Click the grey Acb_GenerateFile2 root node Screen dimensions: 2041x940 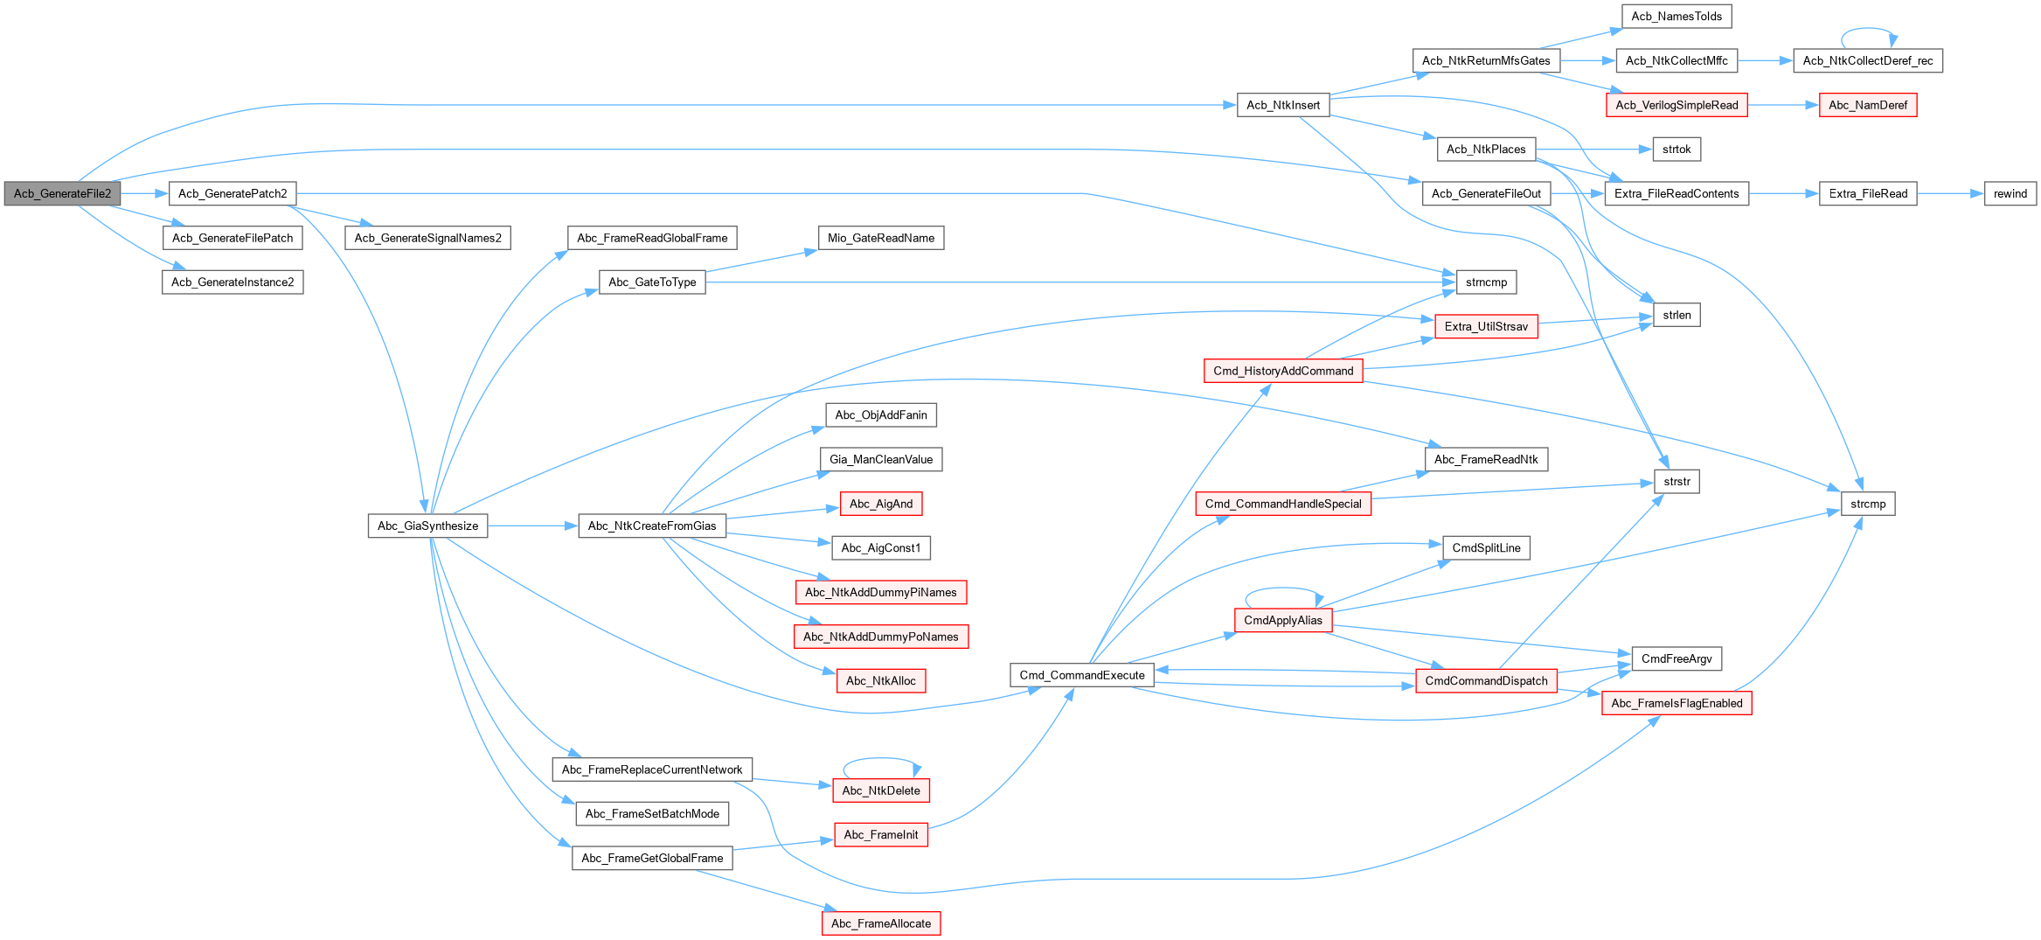click(x=62, y=193)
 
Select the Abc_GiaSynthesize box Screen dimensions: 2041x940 click(x=427, y=526)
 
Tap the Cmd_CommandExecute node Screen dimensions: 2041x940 click(x=1081, y=675)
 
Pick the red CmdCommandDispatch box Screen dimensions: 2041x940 click(x=1486, y=680)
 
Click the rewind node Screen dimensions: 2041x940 click(x=2010, y=193)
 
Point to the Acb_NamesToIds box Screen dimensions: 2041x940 click(x=1677, y=16)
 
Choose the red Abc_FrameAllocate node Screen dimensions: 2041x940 click(x=881, y=923)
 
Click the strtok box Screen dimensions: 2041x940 click(x=1677, y=149)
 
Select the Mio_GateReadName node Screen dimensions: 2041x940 click(x=881, y=238)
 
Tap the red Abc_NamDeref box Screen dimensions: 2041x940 click(x=1868, y=105)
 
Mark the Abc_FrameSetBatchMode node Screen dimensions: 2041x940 click(x=652, y=813)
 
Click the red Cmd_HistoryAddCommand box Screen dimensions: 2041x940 click(x=1283, y=371)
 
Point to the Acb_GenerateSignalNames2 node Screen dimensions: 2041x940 click(x=428, y=238)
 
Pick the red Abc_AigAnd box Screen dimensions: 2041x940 click(x=881, y=504)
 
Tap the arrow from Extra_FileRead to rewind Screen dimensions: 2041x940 click(x=1951, y=193)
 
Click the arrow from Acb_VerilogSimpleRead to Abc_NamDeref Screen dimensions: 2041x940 click(x=1783, y=105)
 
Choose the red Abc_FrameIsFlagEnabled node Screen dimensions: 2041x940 click(x=1677, y=703)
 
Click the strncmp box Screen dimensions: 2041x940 click(x=1486, y=282)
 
